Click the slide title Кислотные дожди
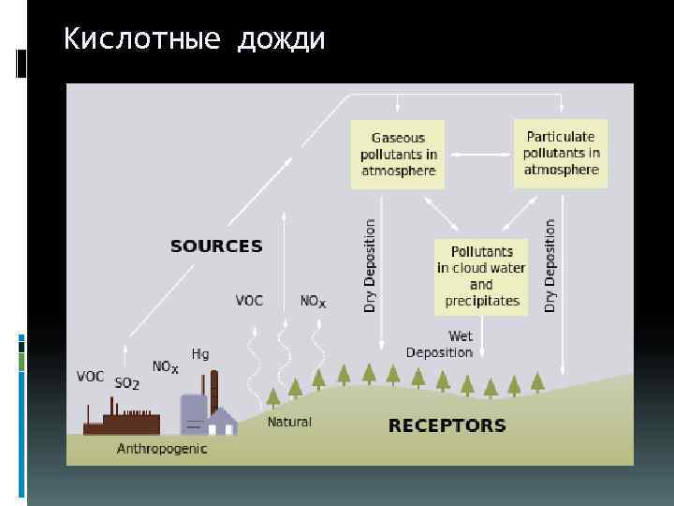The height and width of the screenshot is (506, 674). click(x=194, y=40)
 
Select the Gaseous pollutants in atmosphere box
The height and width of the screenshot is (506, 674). click(x=398, y=154)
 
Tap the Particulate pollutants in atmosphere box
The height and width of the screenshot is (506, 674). click(x=561, y=153)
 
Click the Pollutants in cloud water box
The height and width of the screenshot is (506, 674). click(x=481, y=276)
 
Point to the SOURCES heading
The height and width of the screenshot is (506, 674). click(x=216, y=246)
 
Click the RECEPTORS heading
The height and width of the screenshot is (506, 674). click(x=447, y=425)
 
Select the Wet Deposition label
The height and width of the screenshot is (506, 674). click(x=440, y=344)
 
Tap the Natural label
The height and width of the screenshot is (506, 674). click(x=289, y=422)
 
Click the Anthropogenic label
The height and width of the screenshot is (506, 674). click(x=162, y=449)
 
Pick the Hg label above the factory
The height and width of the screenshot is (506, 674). click(x=200, y=353)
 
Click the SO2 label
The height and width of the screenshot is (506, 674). click(x=126, y=383)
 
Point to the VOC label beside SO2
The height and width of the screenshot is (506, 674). click(x=90, y=377)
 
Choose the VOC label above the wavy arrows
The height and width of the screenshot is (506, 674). click(x=249, y=301)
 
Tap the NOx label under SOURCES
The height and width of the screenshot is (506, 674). click(x=313, y=302)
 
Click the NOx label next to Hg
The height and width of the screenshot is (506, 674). click(x=165, y=367)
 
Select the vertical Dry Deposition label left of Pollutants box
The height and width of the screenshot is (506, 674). click(x=370, y=265)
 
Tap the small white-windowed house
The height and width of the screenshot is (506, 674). click(x=222, y=424)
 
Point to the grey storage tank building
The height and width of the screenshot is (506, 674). click(x=193, y=414)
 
